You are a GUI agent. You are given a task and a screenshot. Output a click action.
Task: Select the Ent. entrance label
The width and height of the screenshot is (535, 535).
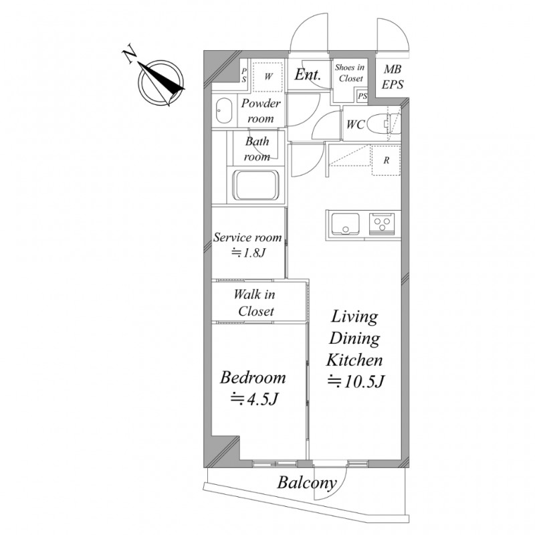tap(308, 75)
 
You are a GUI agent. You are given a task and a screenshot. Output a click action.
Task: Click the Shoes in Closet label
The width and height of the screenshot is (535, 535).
tap(350, 73)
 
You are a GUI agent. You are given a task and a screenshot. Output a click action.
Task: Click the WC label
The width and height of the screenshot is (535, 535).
tap(354, 124)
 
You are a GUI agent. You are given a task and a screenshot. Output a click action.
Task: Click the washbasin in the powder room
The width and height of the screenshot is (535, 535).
tap(223, 111)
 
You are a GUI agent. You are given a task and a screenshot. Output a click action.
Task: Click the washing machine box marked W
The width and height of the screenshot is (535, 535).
tap(267, 77)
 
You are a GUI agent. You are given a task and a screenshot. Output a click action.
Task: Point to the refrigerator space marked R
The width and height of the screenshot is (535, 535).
tap(386, 161)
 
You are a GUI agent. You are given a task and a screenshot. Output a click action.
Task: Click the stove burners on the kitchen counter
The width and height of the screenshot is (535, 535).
tap(384, 223)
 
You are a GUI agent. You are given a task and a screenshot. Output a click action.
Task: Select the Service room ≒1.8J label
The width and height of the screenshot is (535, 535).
tap(247, 245)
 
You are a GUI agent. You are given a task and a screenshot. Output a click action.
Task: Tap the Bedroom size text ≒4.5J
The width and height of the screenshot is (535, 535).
tap(254, 400)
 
